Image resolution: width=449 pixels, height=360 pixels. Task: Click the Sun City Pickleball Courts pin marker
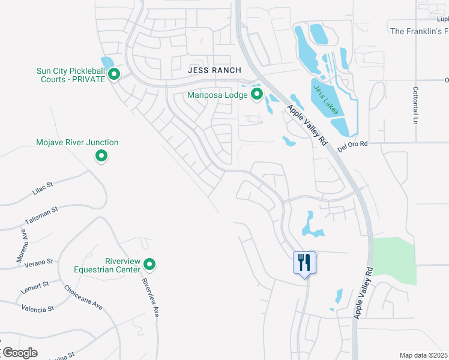[x=114, y=74]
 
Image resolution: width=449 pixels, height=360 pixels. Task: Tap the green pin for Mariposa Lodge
[x=257, y=94]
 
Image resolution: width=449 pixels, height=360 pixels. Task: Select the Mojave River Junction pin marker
[x=101, y=157]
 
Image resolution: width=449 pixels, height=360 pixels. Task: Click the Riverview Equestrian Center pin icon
[x=149, y=264]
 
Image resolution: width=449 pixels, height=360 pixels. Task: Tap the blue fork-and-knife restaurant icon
[x=304, y=263]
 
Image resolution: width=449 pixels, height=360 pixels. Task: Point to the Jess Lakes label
[x=325, y=99]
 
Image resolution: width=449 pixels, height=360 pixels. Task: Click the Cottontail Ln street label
[x=415, y=105]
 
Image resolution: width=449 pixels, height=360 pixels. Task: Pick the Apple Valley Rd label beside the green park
[x=364, y=293]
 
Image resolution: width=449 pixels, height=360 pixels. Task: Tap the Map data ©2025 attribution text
[x=423, y=355]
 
